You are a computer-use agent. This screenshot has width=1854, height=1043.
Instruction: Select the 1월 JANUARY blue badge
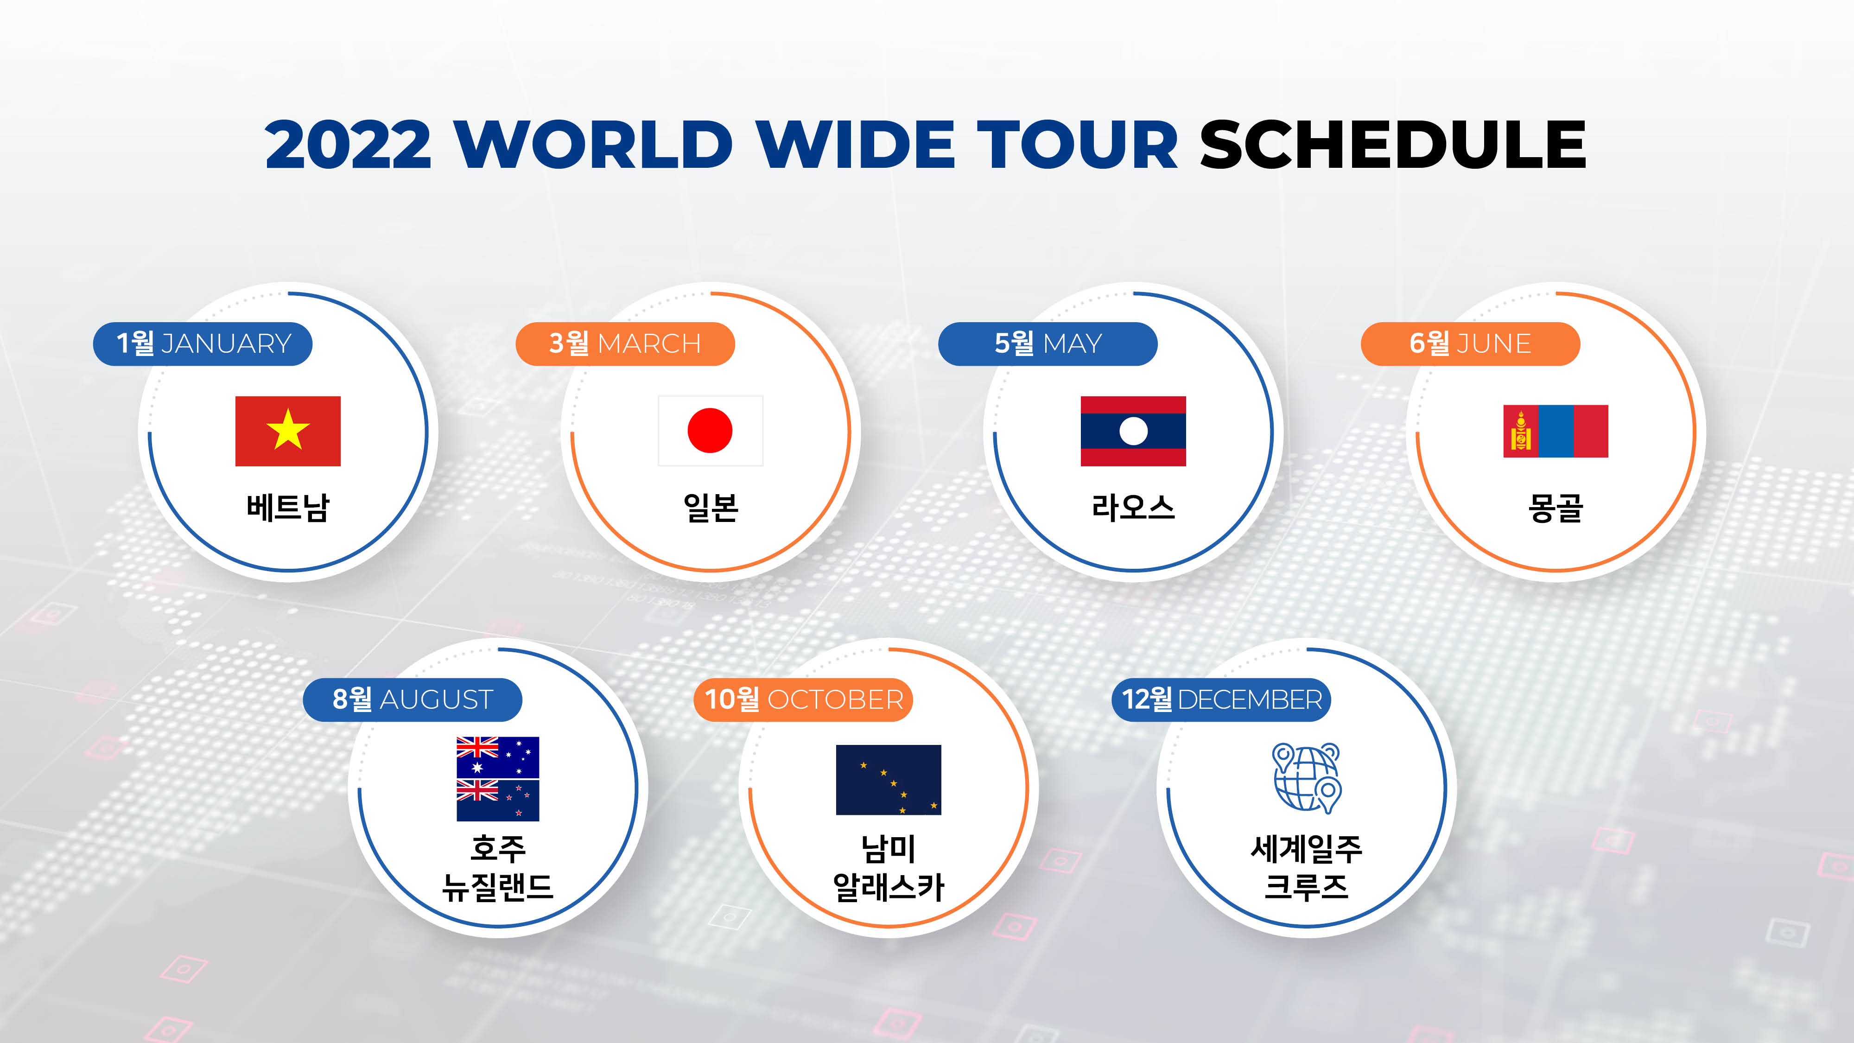point(202,343)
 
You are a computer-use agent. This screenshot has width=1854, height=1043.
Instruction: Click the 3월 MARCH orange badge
point(625,343)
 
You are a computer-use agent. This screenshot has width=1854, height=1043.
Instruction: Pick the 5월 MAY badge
point(1048,343)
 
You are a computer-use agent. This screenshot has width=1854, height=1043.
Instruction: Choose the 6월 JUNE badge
point(1470,343)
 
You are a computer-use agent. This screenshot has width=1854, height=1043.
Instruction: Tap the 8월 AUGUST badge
point(413,699)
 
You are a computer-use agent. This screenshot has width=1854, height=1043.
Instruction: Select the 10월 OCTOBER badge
point(803,699)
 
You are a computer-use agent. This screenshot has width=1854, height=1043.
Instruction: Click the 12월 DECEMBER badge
point(1221,699)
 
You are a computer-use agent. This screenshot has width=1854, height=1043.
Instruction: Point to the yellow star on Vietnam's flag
point(288,430)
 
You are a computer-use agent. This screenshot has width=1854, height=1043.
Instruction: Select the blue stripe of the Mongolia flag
point(1556,431)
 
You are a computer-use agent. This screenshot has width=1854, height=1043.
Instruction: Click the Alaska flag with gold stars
point(888,780)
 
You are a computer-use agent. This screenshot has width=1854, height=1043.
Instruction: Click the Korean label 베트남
point(288,508)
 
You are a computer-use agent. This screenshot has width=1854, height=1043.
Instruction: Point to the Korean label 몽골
point(1556,508)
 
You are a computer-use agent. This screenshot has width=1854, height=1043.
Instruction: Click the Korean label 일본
point(711,508)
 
